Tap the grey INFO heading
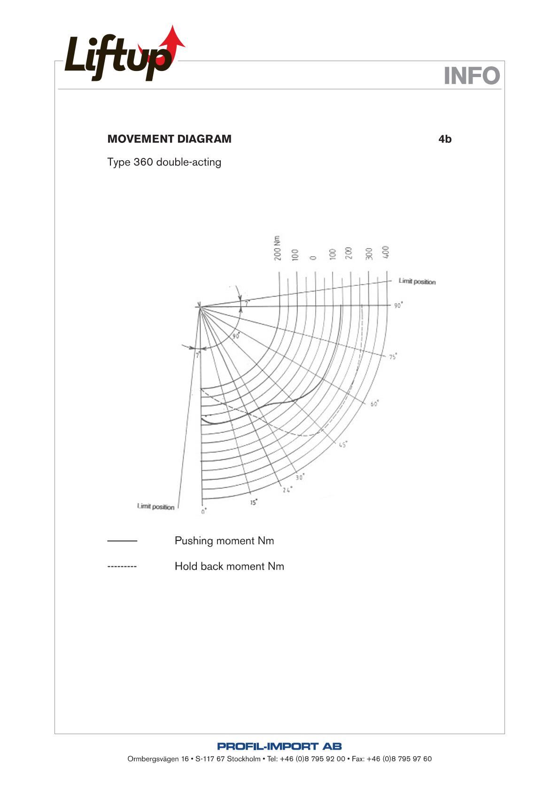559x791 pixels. click(x=472, y=76)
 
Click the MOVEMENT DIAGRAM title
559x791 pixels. click(x=169, y=139)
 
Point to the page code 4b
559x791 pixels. click(x=445, y=139)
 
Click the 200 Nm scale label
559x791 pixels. click(x=278, y=248)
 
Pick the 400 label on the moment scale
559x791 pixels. click(x=386, y=252)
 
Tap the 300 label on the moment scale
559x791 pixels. click(x=369, y=253)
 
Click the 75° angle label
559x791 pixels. click(x=393, y=357)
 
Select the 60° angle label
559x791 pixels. click(x=374, y=404)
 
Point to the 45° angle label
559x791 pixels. click(x=343, y=445)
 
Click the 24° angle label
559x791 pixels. click(x=287, y=490)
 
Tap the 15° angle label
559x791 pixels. click(x=254, y=502)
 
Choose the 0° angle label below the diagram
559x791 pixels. click(x=204, y=511)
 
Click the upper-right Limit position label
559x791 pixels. click(x=417, y=282)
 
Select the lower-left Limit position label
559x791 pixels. click(x=155, y=507)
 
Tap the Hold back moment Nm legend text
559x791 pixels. click(x=229, y=566)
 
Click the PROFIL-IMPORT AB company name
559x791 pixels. click(x=279, y=746)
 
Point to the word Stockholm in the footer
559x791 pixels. click(x=243, y=759)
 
